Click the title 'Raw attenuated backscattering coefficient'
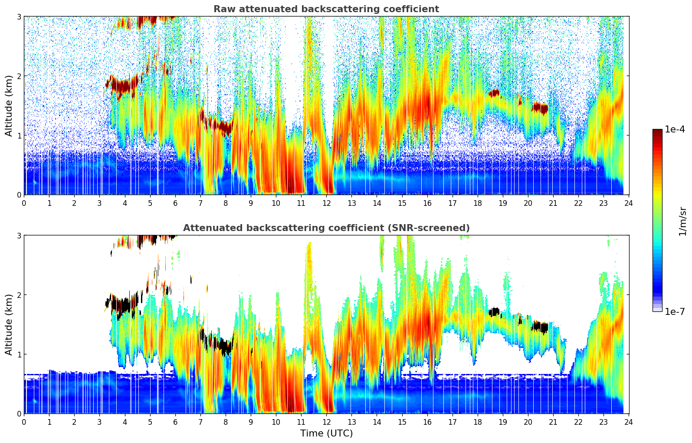click(x=326, y=9)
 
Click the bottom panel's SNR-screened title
click(x=326, y=228)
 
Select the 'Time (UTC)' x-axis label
click(x=326, y=433)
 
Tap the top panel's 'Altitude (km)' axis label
click(x=9, y=106)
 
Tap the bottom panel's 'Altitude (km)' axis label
click(x=9, y=324)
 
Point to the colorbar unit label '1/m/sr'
click(x=682, y=221)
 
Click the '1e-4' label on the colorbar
click(x=675, y=129)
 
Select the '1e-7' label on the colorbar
click(x=675, y=311)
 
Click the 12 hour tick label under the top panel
click(x=326, y=203)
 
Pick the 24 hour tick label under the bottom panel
click(x=629, y=422)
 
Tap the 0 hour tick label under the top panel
click(x=24, y=203)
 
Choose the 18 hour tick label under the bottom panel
click(x=477, y=422)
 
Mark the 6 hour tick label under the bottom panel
click(x=175, y=422)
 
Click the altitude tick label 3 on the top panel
click(x=19, y=17)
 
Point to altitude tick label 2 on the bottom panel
click(x=19, y=295)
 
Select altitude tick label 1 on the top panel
click(x=19, y=136)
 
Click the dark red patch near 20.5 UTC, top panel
click(x=541, y=108)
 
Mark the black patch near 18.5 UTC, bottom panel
click(x=494, y=312)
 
